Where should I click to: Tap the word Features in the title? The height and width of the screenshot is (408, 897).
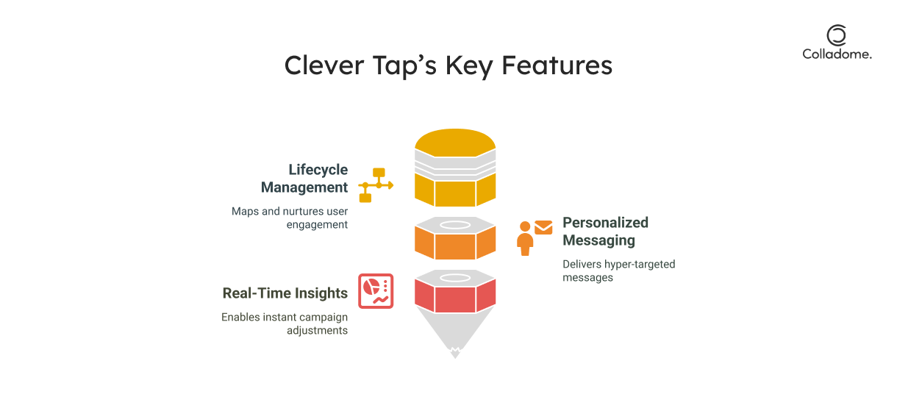[x=557, y=65]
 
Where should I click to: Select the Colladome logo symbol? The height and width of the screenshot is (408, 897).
[x=836, y=35]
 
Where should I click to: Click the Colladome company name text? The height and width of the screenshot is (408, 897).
[x=837, y=54]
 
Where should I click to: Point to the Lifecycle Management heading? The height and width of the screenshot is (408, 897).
[x=304, y=179]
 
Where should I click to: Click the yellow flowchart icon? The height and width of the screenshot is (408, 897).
[x=376, y=185]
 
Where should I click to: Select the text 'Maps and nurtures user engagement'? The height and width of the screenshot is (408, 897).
[x=290, y=218]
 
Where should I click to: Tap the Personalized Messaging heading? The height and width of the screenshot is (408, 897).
[x=605, y=232]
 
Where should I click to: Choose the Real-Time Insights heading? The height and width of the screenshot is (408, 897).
[x=285, y=293]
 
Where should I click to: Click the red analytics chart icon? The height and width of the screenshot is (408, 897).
[x=376, y=291]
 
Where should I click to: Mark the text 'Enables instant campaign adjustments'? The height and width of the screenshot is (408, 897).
[x=285, y=323]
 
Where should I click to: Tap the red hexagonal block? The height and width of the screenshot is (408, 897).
[x=455, y=296]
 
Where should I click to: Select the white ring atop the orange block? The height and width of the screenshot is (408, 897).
[x=455, y=224]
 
